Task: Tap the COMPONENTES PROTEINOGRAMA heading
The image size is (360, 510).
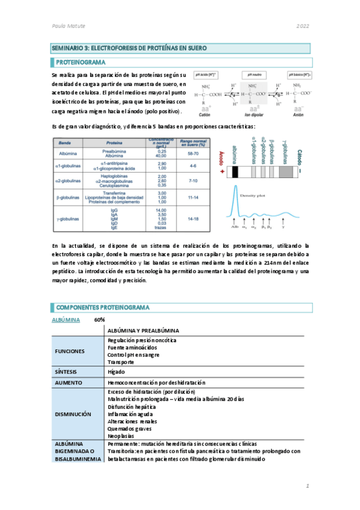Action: pos(102,307)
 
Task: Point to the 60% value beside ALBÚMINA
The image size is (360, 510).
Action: pos(100,320)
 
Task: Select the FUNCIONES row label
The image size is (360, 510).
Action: pos(70,351)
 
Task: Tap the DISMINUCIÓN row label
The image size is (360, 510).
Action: pos(72,414)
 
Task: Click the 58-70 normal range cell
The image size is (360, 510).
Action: pos(193,153)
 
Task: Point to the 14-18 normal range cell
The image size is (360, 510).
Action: pos(193,219)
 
